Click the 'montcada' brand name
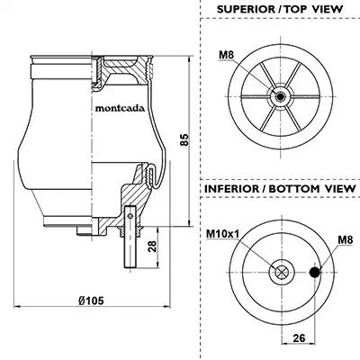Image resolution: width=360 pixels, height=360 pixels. (120, 108)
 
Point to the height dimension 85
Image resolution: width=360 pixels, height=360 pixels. (184, 139)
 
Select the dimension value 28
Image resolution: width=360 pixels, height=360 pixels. (152, 247)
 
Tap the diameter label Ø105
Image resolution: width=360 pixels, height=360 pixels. (91, 301)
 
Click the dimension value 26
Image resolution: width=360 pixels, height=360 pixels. (299, 338)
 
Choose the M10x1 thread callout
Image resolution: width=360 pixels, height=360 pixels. (222, 233)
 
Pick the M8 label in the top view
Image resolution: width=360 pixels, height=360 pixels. (226, 55)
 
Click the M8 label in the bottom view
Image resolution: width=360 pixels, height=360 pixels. (346, 239)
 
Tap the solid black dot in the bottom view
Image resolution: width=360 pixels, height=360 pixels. (314, 272)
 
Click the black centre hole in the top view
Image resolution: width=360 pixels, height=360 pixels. (281, 96)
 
